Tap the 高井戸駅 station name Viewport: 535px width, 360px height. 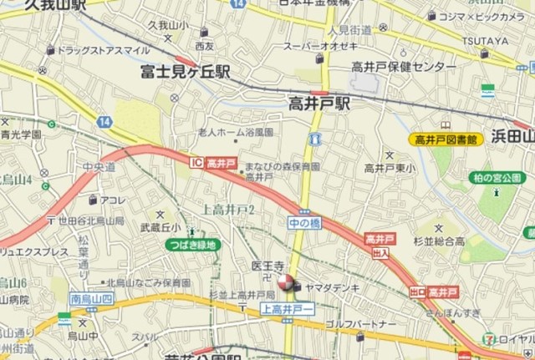pyautogui.click(x=319, y=104)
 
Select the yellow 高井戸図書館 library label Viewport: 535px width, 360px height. pyautogui.click(x=442, y=139)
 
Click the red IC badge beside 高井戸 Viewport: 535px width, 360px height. pyautogui.click(x=196, y=162)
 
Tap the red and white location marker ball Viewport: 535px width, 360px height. pyautogui.click(x=286, y=285)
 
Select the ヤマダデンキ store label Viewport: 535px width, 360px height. pyautogui.click(x=333, y=286)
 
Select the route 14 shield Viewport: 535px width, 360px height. pyautogui.click(x=104, y=122)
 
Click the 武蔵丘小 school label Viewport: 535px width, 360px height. pyautogui.click(x=160, y=226)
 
